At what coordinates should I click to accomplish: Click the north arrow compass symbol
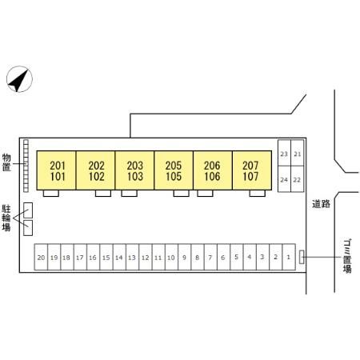(19, 79)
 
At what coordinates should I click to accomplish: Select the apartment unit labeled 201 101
(56, 170)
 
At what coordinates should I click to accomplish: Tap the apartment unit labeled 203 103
(134, 170)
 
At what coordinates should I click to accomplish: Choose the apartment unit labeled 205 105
(174, 170)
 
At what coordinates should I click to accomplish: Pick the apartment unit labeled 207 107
(252, 170)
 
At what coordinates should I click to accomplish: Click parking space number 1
(289, 257)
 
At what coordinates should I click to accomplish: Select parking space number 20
(41, 257)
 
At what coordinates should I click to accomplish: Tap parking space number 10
(171, 257)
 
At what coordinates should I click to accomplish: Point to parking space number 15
(106, 257)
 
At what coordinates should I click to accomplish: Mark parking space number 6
(223, 257)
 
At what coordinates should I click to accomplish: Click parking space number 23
(284, 153)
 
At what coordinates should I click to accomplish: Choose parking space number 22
(298, 179)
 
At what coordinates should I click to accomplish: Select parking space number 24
(284, 179)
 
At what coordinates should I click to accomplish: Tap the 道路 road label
(321, 204)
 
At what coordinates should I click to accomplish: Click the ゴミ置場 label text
(347, 256)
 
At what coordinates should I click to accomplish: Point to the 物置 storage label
(6, 162)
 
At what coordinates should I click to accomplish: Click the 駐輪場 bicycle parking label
(6, 218)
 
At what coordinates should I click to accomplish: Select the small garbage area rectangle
(302, 257)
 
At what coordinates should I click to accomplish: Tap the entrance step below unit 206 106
(205, 194)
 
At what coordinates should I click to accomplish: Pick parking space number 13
(132, 257)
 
